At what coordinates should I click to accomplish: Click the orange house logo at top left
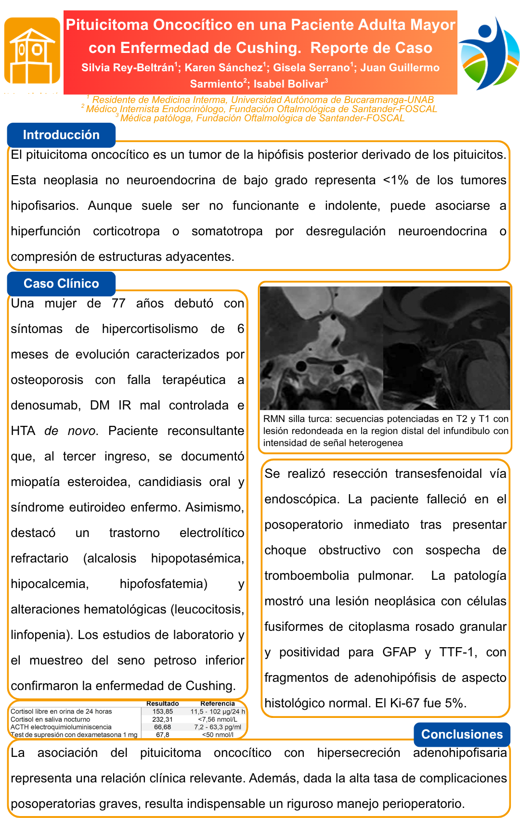(32, 51)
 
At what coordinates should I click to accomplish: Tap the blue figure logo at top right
(489, 53)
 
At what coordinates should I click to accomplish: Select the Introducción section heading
(61, 135)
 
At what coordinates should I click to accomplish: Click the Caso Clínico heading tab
(61, 283)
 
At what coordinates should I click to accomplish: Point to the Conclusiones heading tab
(462, 734)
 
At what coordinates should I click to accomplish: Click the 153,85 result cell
(163, 712)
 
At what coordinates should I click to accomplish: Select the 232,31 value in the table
(163, 719)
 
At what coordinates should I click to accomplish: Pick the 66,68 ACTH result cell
(163, 727)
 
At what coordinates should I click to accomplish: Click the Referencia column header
(218, 703)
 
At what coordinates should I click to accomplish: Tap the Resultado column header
(163, 703)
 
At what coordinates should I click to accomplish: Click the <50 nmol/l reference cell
(218, 735)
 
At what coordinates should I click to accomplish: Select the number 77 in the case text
(118, 304)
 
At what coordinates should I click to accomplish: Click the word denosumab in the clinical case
(45, 406)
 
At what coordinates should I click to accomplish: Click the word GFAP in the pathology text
(399, 652)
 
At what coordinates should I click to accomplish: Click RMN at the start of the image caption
(274, 419)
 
